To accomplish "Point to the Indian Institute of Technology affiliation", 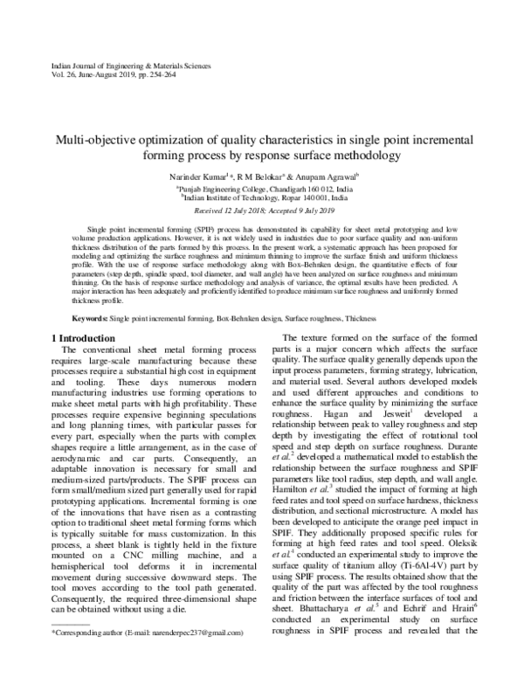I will pyautogui.click(x=262, y=199).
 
